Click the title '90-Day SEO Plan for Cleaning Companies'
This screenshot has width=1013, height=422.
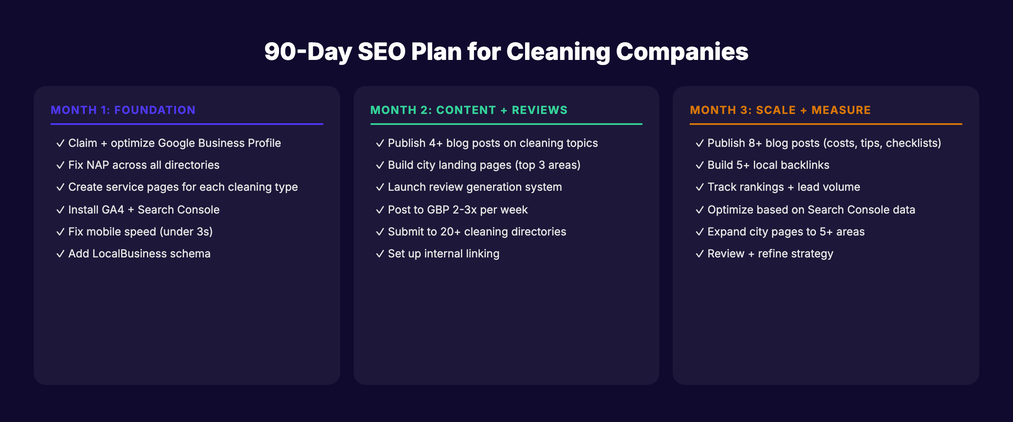(x=506, y=51)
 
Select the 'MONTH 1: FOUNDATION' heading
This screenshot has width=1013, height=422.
(x=123, y=110)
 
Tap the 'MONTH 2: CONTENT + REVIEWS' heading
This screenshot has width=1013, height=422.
(x=469, y=110)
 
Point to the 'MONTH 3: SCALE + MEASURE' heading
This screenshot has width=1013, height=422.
(x=780, y=110)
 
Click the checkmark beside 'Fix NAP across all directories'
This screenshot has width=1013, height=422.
(x=60, y=165)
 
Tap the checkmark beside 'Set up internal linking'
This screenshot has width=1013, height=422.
(x=380, y=254)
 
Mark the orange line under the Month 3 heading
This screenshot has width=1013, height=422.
(x=826, y=124)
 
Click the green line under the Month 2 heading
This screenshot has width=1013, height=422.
(x=506, y=124)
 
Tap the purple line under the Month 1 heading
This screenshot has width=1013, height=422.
(x=187, y=124)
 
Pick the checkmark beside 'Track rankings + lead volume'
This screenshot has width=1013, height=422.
(x=699, y=187)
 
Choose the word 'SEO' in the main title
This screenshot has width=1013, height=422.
(x=382, y=51)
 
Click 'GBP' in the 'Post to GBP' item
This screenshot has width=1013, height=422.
(x=438, y=210)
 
